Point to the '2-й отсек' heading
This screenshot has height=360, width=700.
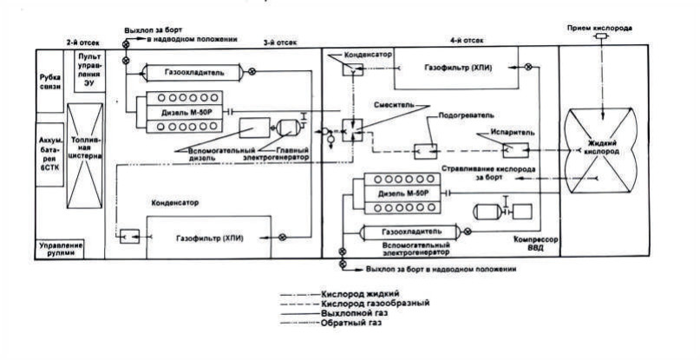point(81,42)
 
